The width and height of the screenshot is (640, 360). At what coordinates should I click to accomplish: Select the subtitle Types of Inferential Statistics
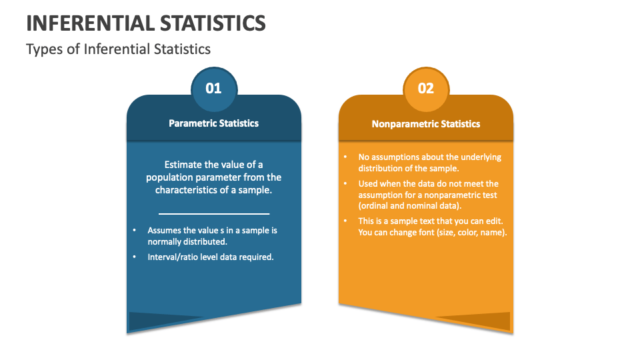tap(118, 49)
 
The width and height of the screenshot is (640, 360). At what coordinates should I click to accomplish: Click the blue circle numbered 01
tap(213, 87)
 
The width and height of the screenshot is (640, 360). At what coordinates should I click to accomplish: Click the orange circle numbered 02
tap(426, 87)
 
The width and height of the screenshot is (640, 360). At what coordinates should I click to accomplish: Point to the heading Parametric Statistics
tap(213, 123)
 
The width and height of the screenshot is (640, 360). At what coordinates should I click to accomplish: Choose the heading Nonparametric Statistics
tap(426, 124)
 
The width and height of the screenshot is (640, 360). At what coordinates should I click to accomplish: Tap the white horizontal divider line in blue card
tap(213, 213)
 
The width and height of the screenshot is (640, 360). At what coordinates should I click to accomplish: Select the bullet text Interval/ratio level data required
tap(211, 257)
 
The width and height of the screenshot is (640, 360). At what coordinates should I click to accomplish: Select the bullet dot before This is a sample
tap(345, 221)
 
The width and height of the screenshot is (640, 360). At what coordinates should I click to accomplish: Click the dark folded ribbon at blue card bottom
tap(160, 321)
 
